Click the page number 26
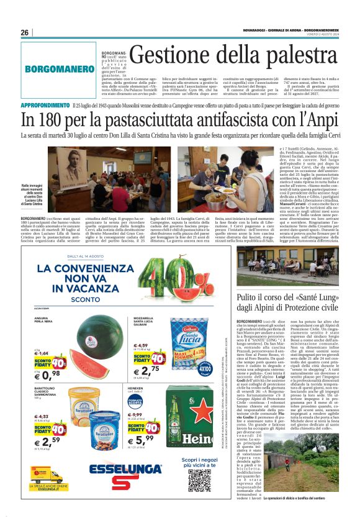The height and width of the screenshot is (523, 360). pyautogui.click(x=25, y=33)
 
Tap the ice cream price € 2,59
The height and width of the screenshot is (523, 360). pyautogui.click(x=46, y=441)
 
